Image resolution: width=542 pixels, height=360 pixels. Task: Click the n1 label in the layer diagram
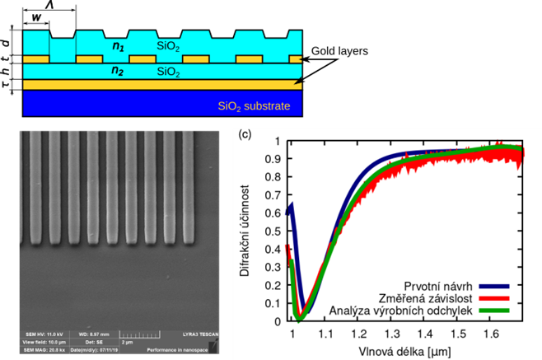pos(119,46)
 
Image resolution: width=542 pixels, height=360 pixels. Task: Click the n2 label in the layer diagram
pos(119,72)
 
